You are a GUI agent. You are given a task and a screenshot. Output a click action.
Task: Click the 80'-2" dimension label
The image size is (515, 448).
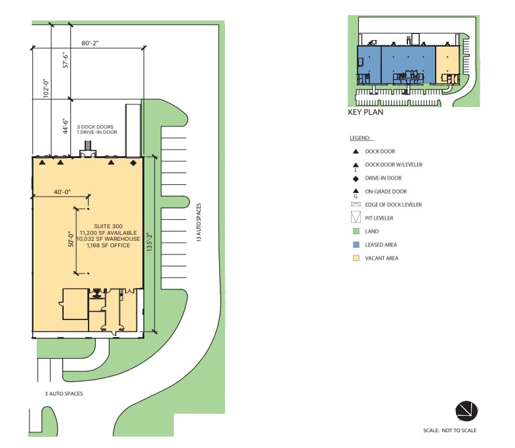(x=90, y=43)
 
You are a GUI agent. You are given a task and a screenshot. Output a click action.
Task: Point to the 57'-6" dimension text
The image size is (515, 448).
(x=64, y=62)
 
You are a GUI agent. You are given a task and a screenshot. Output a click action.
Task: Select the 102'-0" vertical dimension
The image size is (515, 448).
(x=46, y=88)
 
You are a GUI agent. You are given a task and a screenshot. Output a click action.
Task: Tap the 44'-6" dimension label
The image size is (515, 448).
(x=64, y=125)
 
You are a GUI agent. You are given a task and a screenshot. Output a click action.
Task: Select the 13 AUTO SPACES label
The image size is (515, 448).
(x=198, y=224)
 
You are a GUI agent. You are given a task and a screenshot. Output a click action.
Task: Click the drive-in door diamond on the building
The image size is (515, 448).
(x=134, y=162)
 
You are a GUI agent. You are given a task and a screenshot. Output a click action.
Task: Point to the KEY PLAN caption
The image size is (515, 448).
(x=365, y=112)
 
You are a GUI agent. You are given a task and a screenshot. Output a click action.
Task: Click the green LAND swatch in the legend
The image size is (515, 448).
(x=355, y=232)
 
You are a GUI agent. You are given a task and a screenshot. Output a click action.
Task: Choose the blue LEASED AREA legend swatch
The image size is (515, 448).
(x=355, y=245)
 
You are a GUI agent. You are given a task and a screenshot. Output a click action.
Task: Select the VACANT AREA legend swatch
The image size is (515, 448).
(x=355, y=258)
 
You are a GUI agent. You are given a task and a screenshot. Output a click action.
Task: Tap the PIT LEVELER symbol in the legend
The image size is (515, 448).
(x=355, y=218)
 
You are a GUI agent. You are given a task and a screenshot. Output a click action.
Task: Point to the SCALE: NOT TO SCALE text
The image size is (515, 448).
(x=450, y=430)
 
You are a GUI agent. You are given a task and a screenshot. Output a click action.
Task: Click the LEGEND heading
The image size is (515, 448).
(x=361, y=138)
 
